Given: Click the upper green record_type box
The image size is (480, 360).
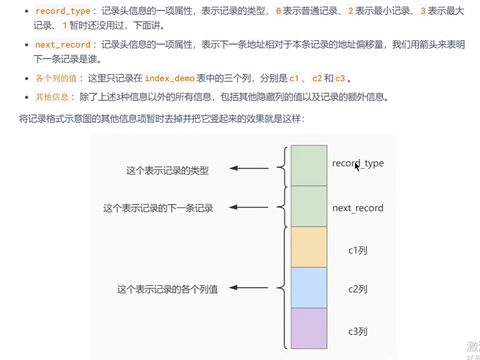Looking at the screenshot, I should click(309, 165).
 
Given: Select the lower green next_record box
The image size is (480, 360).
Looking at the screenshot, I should click(309, 206).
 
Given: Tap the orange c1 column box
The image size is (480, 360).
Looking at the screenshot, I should click(309, 247).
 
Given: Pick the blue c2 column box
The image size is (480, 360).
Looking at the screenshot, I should click(309, 287).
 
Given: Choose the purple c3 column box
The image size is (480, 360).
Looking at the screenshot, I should click(309, 328).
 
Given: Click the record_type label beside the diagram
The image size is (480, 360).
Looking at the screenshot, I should click(358, 163).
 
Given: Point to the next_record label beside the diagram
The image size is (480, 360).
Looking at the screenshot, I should click(358, 208).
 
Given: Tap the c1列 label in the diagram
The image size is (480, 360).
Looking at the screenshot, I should click(358, 250).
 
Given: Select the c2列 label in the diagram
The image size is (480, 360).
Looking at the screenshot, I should click(358, 289).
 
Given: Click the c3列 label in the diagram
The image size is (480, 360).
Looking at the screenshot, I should click(358, 331).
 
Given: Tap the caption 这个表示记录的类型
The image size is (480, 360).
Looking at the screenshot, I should click(167, 171).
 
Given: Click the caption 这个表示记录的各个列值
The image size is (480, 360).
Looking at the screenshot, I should click(167, 289).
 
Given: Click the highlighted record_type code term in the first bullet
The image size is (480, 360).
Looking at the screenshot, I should click(63, 11).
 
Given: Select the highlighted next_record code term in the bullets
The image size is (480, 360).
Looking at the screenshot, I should click(63, 44).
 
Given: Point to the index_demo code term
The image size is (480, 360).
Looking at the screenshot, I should click(170, 78).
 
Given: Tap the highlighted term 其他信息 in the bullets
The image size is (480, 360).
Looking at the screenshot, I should click(52, 97).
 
